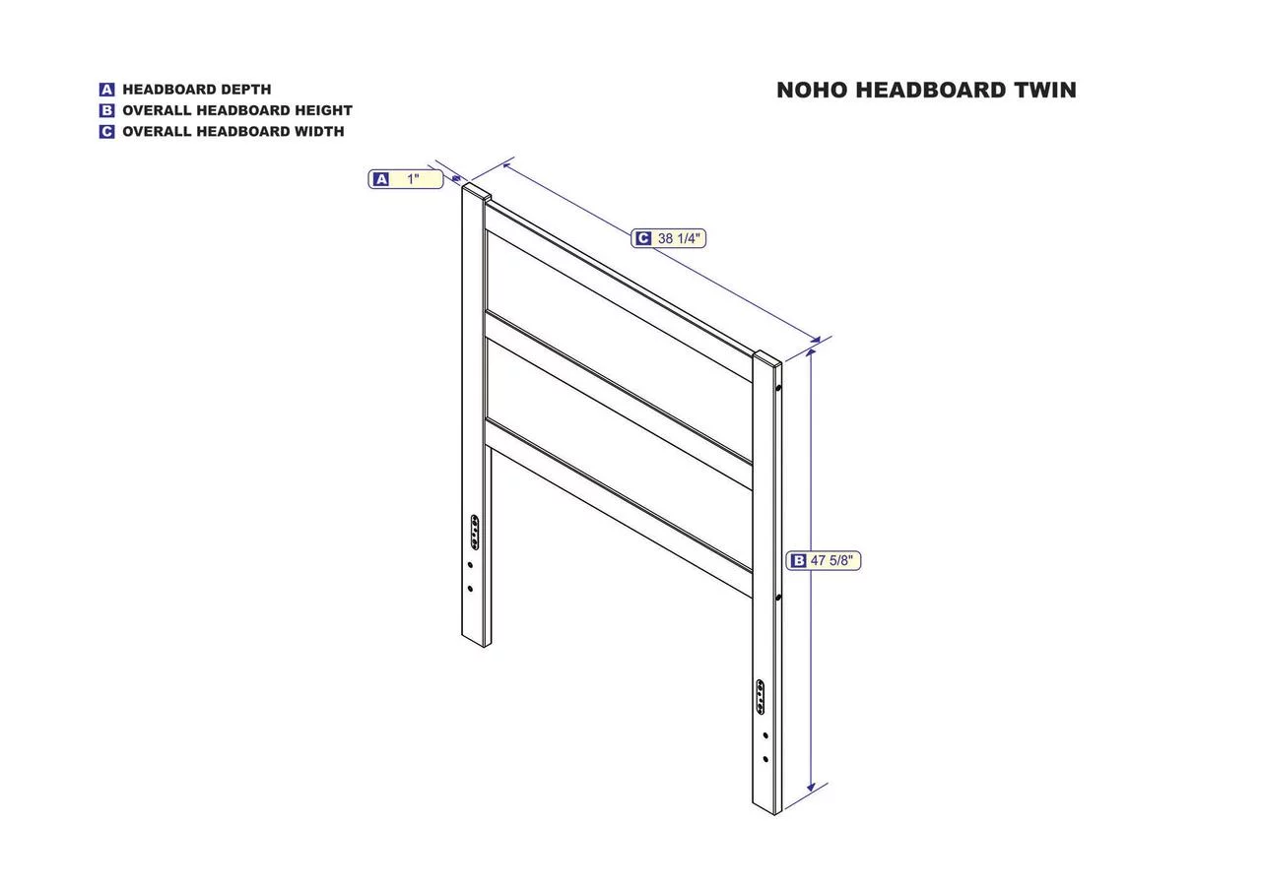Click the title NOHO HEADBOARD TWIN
click(x=926, y=90)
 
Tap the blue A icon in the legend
click(x=107, y=90)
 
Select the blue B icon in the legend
click(x=107, y=110)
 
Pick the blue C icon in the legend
click(x=107, y=131)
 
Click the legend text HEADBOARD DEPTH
click(x=196, y=90)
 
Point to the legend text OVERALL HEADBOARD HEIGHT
click(x=237, y=110)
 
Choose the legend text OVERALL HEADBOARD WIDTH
click(x=233, y=131)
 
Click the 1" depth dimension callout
click(x=405, y=179)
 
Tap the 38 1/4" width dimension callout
click(x=668, y=238)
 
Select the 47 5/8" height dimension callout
click(x=823, y=560)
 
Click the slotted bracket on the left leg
click(x=475, y=532)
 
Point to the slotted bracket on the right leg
click(x=760, y=697)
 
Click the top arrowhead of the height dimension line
click(x=811, y=352)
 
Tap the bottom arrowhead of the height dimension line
click(x=811, y=788)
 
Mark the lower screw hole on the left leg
click(x=470, y=589)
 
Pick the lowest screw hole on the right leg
click(x=765, y=759)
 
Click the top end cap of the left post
click(x=476, y=190)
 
